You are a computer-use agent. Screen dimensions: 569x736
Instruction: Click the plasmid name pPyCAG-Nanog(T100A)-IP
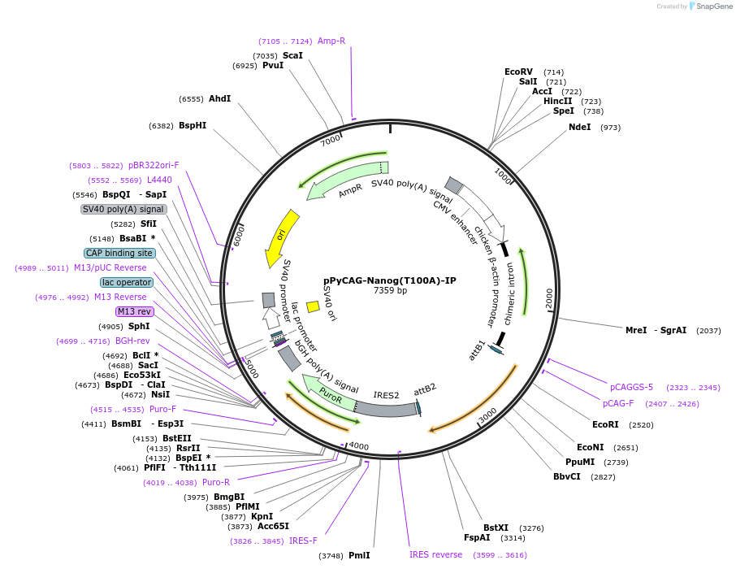point(390,280)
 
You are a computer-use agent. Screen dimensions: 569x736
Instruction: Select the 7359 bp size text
point(390,291)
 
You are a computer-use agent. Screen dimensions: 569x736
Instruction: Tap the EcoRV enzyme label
point(518,72)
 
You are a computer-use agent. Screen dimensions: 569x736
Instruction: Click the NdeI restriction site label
point(579,127)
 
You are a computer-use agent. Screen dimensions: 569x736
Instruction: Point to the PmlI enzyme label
point(358,555)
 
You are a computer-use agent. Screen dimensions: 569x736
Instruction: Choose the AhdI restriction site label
point(219,98)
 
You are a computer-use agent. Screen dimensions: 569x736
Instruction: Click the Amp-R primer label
point(331,41)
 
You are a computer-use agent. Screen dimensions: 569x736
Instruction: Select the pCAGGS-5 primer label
point(631,387)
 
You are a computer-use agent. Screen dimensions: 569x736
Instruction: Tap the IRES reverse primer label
point(435,554)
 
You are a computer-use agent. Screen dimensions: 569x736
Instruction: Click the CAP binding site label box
point(119,253)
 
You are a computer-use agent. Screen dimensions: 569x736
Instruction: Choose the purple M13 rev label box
point(134,311)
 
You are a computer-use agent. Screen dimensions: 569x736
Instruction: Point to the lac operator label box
point(127,282)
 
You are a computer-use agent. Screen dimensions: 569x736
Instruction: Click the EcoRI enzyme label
point(605,424)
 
